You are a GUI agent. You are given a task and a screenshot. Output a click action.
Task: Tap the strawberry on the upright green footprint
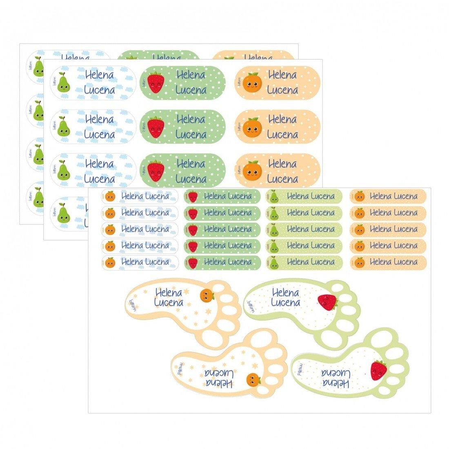[327, 302]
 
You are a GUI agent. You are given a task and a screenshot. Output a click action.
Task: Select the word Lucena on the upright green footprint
[286, 302]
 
